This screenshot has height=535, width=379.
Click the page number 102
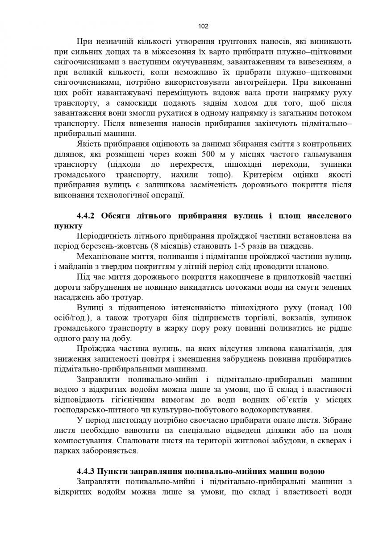point(203,26)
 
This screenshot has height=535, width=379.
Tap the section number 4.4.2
point(85,216)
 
